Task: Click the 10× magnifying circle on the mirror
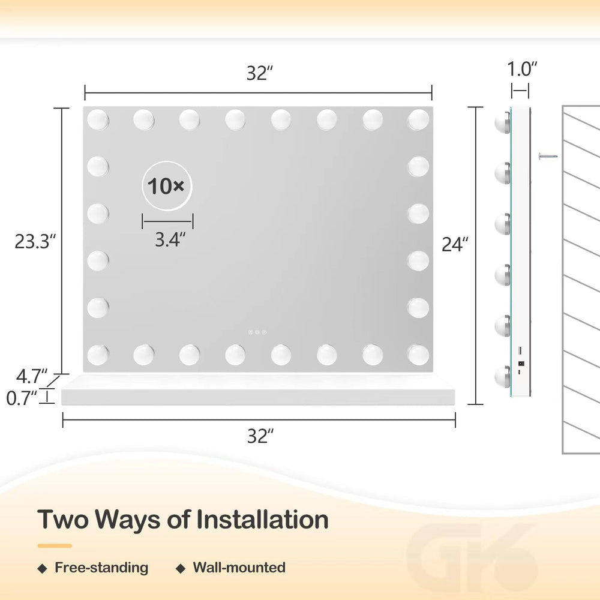[167, 185]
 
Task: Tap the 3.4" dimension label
[170, 240]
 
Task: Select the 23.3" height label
[35, 241]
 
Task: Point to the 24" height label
[455, 245]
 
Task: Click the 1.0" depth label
[522, 69]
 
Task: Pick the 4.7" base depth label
[32, 377]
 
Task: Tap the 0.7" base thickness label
[22, 398]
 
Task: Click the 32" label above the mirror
[260, 73]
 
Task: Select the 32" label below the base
[260, 436]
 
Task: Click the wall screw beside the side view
[548, 156]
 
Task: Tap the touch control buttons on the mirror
[257, 332]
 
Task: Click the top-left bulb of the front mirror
[98, 119]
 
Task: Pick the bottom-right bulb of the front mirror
[418, 355]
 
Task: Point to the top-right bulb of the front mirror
[418, 119]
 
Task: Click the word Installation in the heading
[263, 520]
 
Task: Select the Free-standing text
[101, 568]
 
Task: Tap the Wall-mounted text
[239, 568]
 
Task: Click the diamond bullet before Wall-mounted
[181, 569]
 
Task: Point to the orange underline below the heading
[55, 545]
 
